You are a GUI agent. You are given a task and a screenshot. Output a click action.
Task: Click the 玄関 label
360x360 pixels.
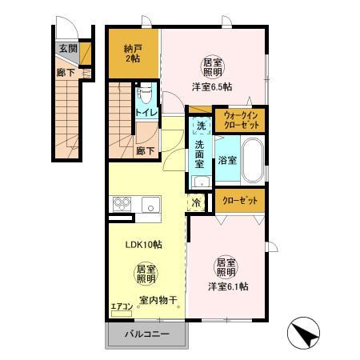pos(68,49)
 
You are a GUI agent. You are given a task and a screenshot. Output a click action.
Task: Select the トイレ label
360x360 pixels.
pos(146,113)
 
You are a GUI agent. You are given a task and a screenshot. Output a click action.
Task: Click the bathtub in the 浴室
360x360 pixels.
pos(252,159)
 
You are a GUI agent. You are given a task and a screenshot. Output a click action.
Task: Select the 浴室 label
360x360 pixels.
pos(228,160)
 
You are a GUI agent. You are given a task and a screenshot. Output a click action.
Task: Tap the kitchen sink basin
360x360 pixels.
pos(151,206)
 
